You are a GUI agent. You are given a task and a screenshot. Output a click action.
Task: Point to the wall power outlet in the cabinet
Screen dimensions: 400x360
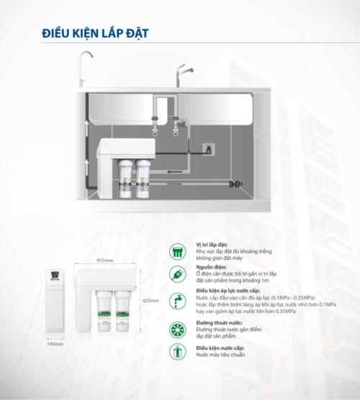(x=208, y=149)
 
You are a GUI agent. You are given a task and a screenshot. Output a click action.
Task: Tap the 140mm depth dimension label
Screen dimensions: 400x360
(x=53, y=345)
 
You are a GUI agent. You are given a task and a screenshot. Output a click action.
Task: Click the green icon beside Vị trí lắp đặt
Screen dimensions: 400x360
(x=176, y=251)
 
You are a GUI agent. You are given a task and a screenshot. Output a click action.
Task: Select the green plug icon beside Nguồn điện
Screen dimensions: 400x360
(x=176, y=275)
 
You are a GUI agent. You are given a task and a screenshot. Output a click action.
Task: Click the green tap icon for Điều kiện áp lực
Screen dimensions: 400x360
(x=176, y=301)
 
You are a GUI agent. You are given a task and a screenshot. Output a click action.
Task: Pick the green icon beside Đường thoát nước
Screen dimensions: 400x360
(x=176, y=329)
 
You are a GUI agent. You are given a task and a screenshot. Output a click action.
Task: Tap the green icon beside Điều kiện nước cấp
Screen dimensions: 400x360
(x=176, y=352)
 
